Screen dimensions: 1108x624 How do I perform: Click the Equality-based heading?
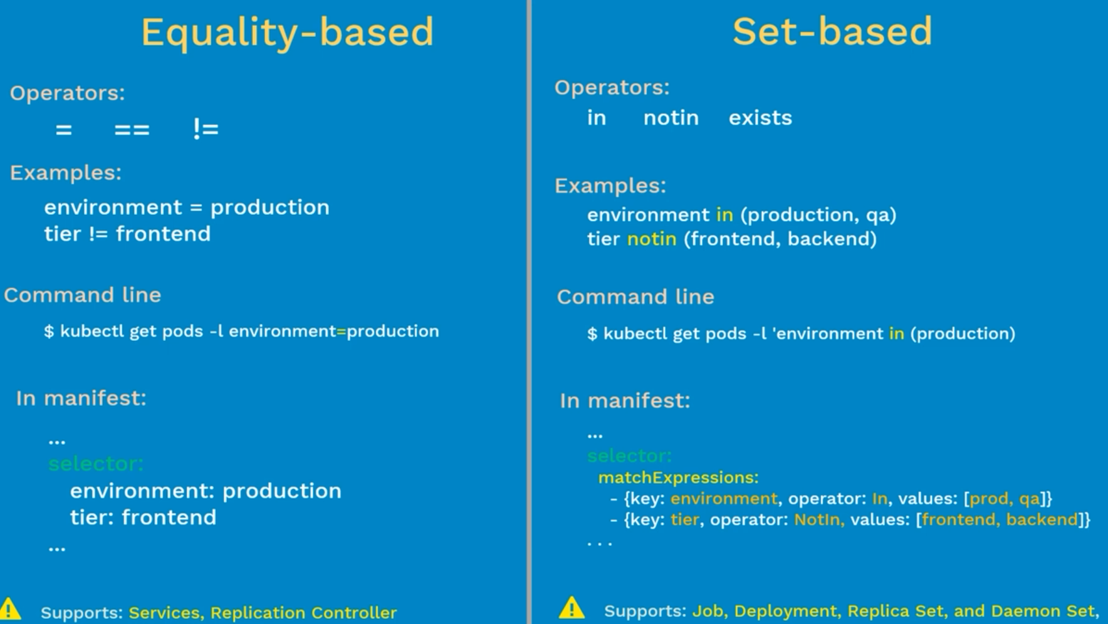(287, 33)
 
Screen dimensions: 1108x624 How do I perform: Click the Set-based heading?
(832, 31)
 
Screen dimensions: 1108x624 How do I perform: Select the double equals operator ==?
(132, 130)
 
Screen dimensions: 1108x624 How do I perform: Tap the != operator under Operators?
(206, 129)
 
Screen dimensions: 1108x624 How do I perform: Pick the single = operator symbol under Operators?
(63, 130)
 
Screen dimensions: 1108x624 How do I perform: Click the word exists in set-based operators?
(760, 118)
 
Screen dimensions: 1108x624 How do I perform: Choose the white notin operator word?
(671, 118)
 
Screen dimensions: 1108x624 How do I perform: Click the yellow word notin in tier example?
(652, 239)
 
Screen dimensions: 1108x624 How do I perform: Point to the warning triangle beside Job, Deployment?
(572, 608)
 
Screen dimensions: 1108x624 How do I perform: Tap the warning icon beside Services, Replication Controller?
(10, 609)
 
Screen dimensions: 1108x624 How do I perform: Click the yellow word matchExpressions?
(678, 477)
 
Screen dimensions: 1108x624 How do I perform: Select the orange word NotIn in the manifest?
(819, 519)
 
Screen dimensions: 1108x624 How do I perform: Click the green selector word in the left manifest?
(96, 464)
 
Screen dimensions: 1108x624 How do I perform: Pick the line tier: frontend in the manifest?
(143, 517)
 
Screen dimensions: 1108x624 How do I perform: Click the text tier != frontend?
(127, 234)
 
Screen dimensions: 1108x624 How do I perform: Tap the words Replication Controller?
(303, 613)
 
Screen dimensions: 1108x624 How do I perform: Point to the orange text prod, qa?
(1005, 499)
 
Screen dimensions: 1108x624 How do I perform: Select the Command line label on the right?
(635, 296)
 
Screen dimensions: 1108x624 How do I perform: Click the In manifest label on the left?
(81, 398)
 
